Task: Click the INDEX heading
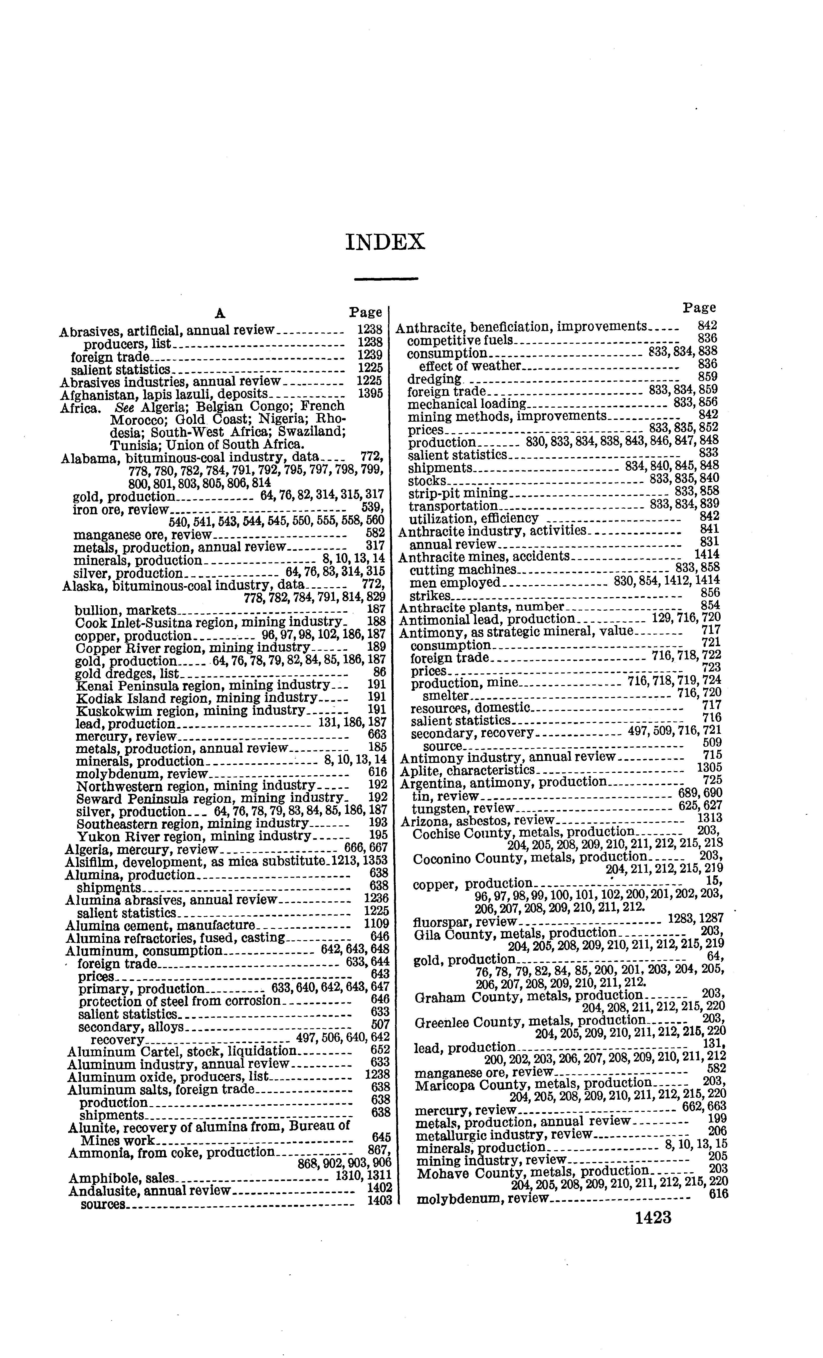(x=385, y=243)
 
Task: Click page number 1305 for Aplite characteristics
(x=710, y=768)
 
